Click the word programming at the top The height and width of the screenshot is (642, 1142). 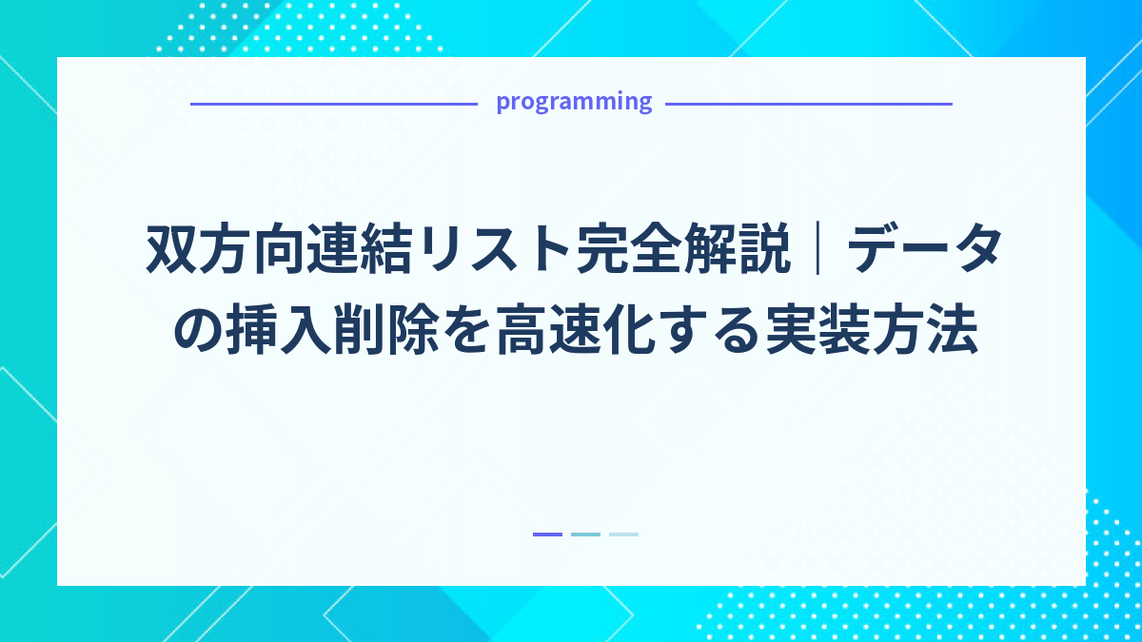[574, 102]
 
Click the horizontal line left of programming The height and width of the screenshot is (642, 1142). [333, 104]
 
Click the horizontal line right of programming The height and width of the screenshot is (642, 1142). [808, 104]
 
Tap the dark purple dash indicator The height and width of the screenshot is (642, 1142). [547, 535]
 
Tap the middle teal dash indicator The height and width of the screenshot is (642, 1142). [585, 535]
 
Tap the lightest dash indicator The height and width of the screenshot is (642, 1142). [623, 535]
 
